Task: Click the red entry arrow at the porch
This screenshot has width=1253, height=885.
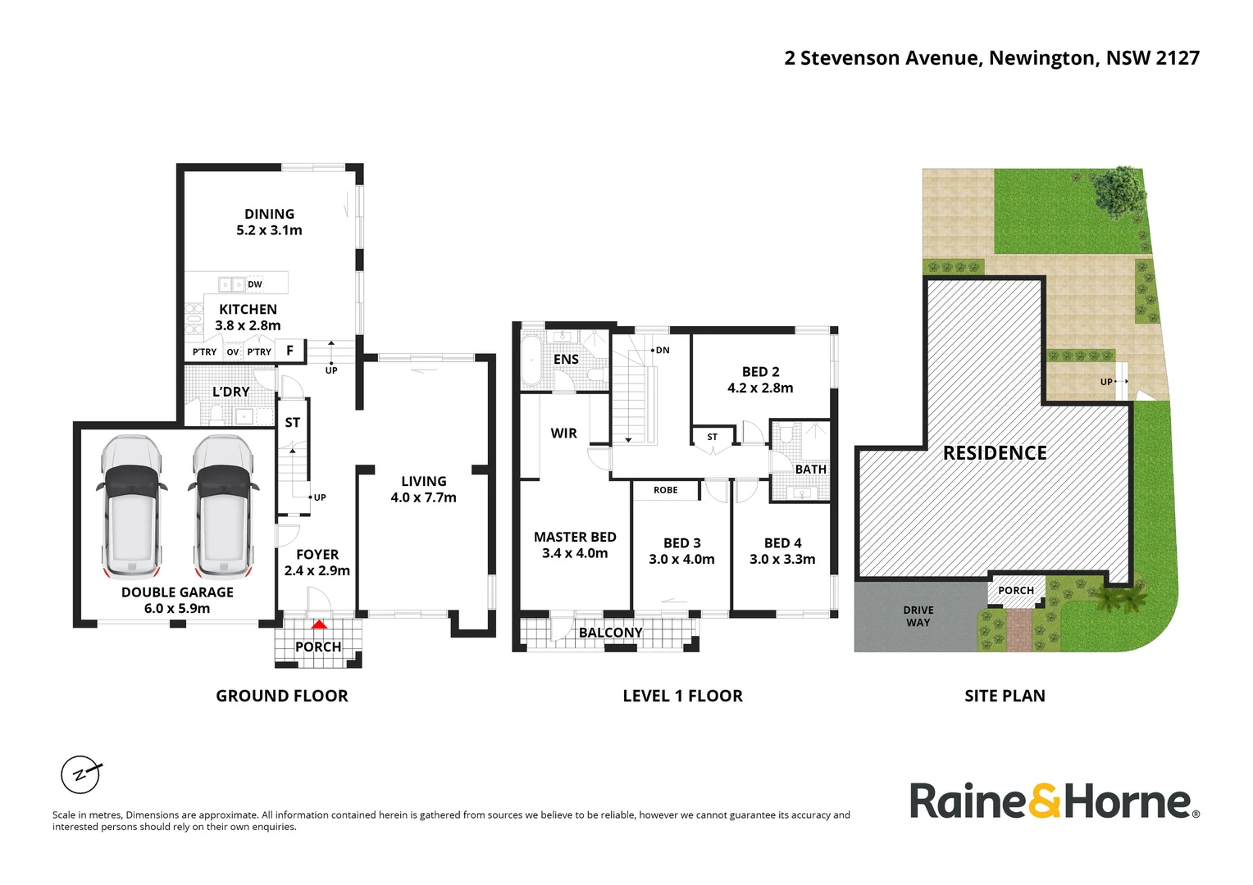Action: pos(319,624)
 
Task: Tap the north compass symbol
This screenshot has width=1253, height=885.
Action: pos(81,775)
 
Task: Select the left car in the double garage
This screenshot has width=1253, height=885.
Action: pos(131,507)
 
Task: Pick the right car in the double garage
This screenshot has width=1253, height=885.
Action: pos(223,507)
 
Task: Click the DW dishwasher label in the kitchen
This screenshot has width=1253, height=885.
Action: pos(254,284)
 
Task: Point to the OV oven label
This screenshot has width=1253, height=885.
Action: pos(233,352)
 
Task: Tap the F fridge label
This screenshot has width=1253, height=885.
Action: pos(289,351)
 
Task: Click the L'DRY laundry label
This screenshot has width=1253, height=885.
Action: pos(231,392)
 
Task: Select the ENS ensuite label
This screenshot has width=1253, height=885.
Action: pos(566,359)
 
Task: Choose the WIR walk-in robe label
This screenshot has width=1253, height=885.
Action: pos(564,433)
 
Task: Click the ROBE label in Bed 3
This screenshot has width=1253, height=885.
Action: pos(666,490)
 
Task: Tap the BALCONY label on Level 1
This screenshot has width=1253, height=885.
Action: pos(610,633)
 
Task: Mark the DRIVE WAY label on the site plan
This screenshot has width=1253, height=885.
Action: pos(918,616)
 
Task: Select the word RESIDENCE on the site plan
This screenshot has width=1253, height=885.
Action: pos(995,453)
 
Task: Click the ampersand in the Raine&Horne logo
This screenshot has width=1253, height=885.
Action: pos(1045,801)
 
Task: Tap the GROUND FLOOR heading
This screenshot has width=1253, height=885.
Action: pos(282,696)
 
